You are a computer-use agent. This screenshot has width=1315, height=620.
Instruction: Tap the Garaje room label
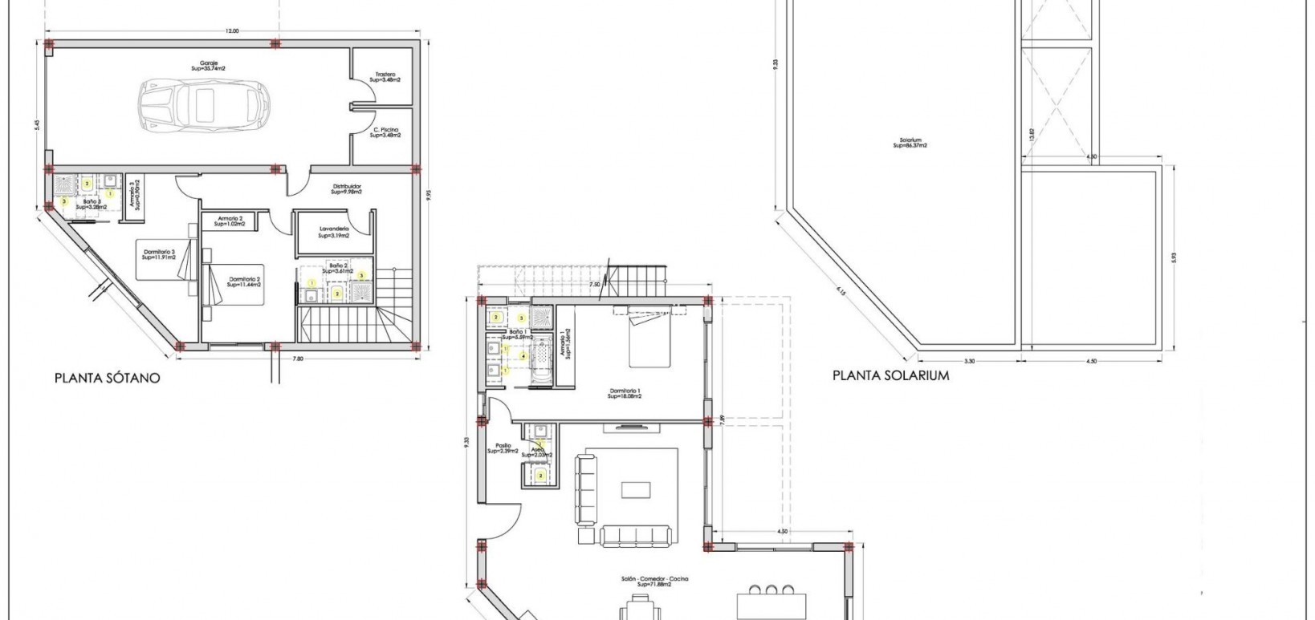(209, 65)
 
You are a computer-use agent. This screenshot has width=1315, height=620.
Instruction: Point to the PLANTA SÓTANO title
(108, 377)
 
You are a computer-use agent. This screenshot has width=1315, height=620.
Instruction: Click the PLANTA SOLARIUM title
(890, 375)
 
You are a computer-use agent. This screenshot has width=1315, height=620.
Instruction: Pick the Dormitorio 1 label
(625, 394)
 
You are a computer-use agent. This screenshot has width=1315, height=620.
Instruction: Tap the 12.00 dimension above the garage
(231, 31)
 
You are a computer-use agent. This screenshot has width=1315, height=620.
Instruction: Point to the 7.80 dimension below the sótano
(298, 359)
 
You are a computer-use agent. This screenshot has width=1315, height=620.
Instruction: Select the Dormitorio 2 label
(245, 282)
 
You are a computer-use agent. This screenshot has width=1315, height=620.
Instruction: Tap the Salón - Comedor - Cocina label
(654, 582)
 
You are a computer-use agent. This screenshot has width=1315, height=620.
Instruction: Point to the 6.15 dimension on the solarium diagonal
(841, 291)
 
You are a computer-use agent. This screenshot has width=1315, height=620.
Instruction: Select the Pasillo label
(503, 448)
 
